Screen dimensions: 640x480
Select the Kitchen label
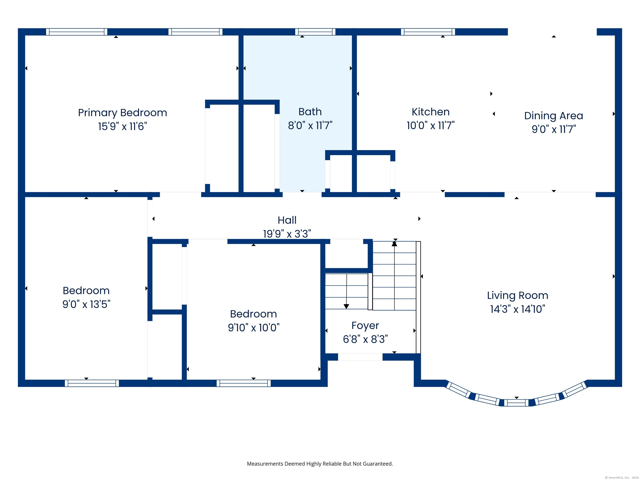pos(431,112)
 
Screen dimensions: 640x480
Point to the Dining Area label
pos(554,116)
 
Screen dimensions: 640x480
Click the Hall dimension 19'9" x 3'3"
pos(287,234)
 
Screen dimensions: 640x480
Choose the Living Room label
pos(518,295)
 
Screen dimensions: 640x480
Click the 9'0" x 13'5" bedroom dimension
pos(86,304)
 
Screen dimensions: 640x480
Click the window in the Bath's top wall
pos(315,32)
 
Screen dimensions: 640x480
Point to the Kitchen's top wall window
pos(428,32)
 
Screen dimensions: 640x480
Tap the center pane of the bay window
pos(516,403)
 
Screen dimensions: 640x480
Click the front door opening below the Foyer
pos(360,357)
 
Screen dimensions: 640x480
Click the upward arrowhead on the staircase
pos(394,244)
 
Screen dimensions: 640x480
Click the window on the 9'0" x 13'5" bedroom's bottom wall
pos(92,383)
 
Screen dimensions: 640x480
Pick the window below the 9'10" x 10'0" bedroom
pos(244,383)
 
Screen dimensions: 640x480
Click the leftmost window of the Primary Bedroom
pos(77,32)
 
